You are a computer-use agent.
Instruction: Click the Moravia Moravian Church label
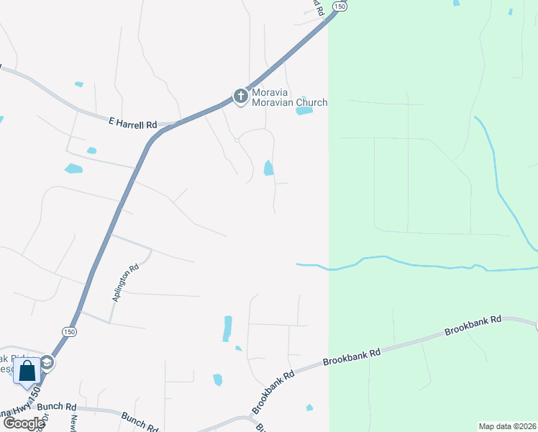pyautogui.click(x=288, y=97)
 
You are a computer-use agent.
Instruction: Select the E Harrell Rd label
pyautogui.click(x=132, y=125)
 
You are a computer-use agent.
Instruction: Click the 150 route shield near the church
pyautogui.click(x=340, y=6)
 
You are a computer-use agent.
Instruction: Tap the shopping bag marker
pyautogui.click(x=27, y=372)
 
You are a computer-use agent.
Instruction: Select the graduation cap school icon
pyautogui.click(x=47, y=362)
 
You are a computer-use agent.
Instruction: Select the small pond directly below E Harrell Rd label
pyautogui.click(x=91, y=150)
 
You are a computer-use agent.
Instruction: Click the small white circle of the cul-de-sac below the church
pyautogui.click(x=237, y=140)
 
